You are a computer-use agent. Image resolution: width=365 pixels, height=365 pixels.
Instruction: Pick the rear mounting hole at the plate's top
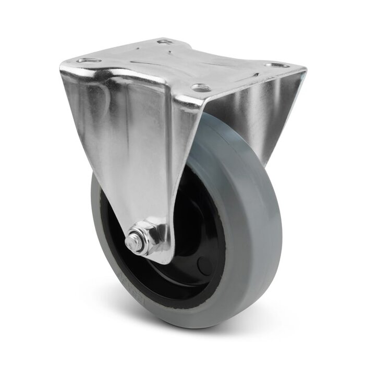pyautogui.click(x=165, y=41)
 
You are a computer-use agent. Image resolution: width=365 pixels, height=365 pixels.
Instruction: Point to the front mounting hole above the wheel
pyautogui.click(x=198, y=87)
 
